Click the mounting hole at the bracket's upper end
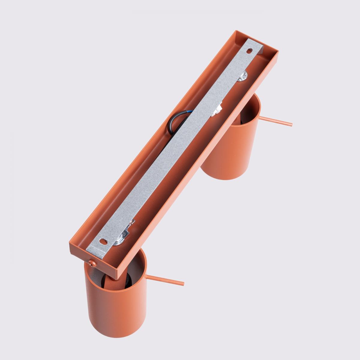click(249, 51)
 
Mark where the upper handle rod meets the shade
click(260, 118)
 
